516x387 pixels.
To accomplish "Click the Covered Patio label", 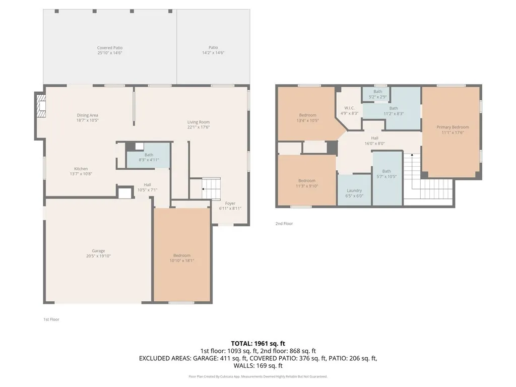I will tap(110, 50).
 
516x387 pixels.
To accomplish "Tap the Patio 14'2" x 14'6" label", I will tap(213, 50).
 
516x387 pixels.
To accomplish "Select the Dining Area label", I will tap(87, 118).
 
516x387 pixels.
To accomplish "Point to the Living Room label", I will tap(199, 124).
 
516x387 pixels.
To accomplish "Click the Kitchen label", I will tap(81, 171).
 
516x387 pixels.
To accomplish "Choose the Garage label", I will tap(98, 253).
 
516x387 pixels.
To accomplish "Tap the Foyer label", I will tap(230, 206).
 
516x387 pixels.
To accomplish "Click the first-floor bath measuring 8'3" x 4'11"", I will tap(149, 157).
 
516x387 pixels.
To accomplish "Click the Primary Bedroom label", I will tap(453, 130).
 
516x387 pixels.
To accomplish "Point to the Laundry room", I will tap(354, 193).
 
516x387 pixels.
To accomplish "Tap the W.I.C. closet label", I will tap(350, 111).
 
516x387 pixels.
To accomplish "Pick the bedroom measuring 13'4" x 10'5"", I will tap(307, 118).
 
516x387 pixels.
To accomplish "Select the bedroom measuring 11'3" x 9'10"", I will tap(307, 183).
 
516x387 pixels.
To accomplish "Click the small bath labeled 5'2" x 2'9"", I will tap(377, 94).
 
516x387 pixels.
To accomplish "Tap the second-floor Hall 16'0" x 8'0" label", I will tap(374, 141).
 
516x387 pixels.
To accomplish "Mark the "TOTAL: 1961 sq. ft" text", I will tap(258, 344).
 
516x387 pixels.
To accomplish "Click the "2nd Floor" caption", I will tap(284, 223).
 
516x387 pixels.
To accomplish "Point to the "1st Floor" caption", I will tap(51, 319).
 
